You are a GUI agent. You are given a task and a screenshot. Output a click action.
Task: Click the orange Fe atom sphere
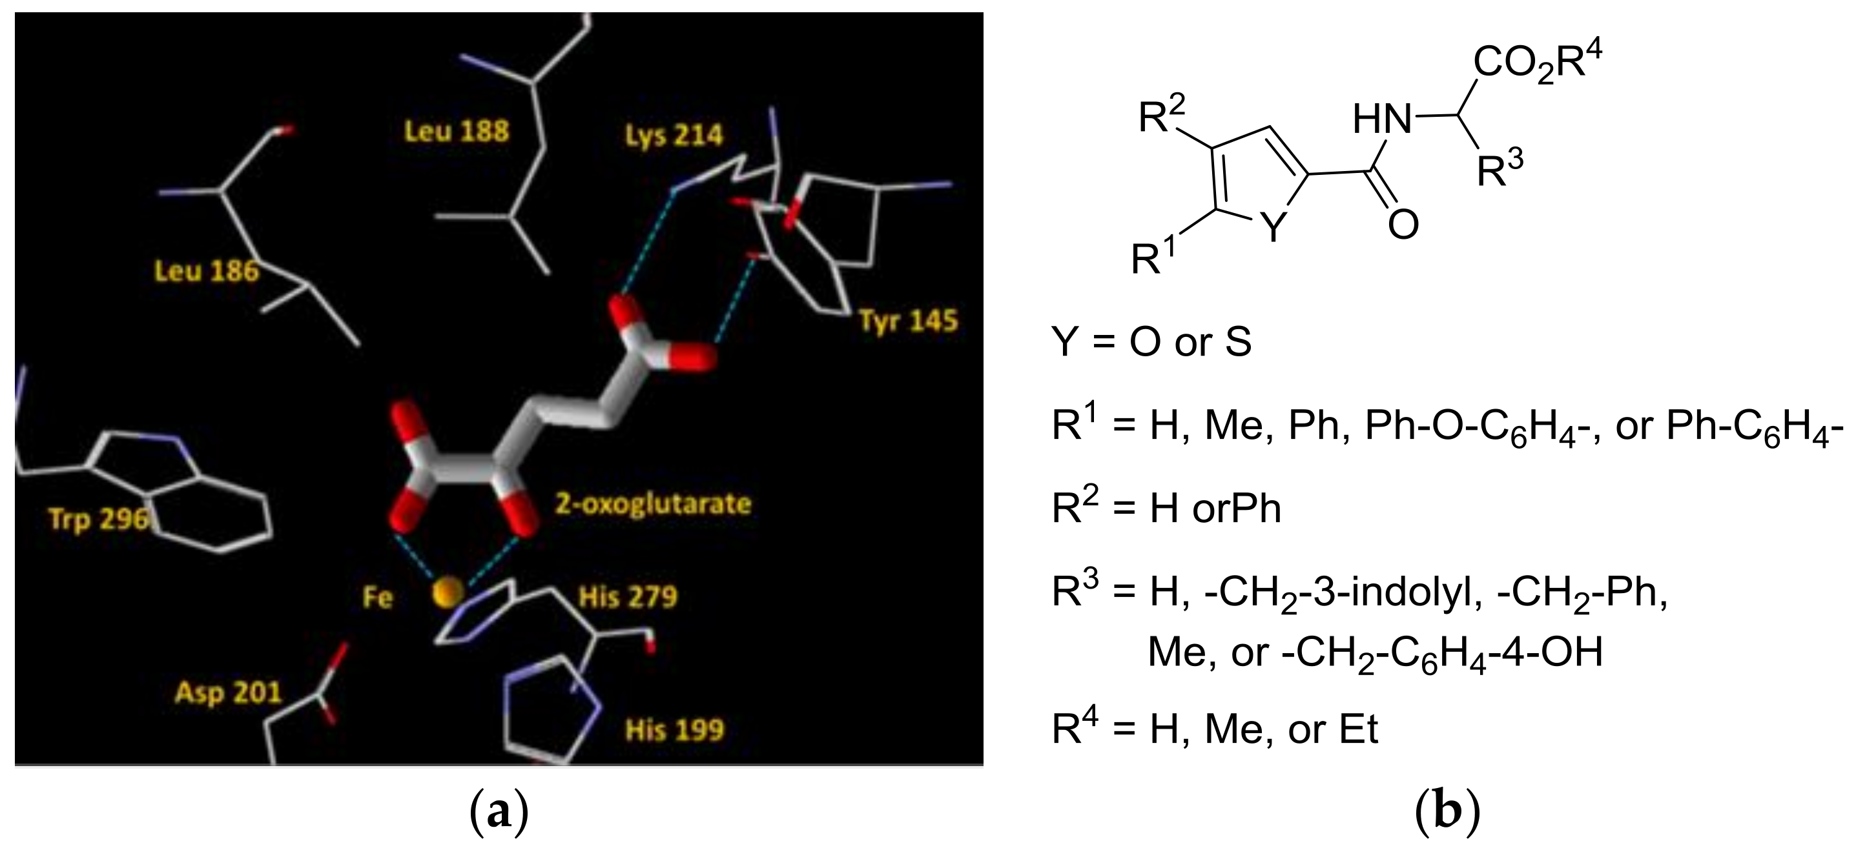(448, 594)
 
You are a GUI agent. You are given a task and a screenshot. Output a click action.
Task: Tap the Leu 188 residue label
(456, 132)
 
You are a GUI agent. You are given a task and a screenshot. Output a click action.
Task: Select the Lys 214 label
(674, 136)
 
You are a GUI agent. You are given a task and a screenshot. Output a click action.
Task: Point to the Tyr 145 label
(909, 321)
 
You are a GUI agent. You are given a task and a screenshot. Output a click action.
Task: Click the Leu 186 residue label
(207, 272)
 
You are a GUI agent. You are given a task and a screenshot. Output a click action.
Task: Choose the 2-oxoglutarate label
(653, 503)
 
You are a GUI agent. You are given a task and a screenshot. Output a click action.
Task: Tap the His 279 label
(628, 597)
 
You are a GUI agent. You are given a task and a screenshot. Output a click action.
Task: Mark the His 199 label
(674, 731)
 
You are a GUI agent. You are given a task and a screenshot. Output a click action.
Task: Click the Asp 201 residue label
(229, 693)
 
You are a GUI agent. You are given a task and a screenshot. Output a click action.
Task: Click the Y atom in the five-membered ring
(1275, 228)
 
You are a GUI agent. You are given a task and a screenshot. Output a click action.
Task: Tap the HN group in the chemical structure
(1382, 119)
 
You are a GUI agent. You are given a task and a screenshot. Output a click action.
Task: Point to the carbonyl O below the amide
(1403, 225)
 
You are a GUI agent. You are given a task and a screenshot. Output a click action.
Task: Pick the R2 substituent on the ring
(1161, 117)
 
